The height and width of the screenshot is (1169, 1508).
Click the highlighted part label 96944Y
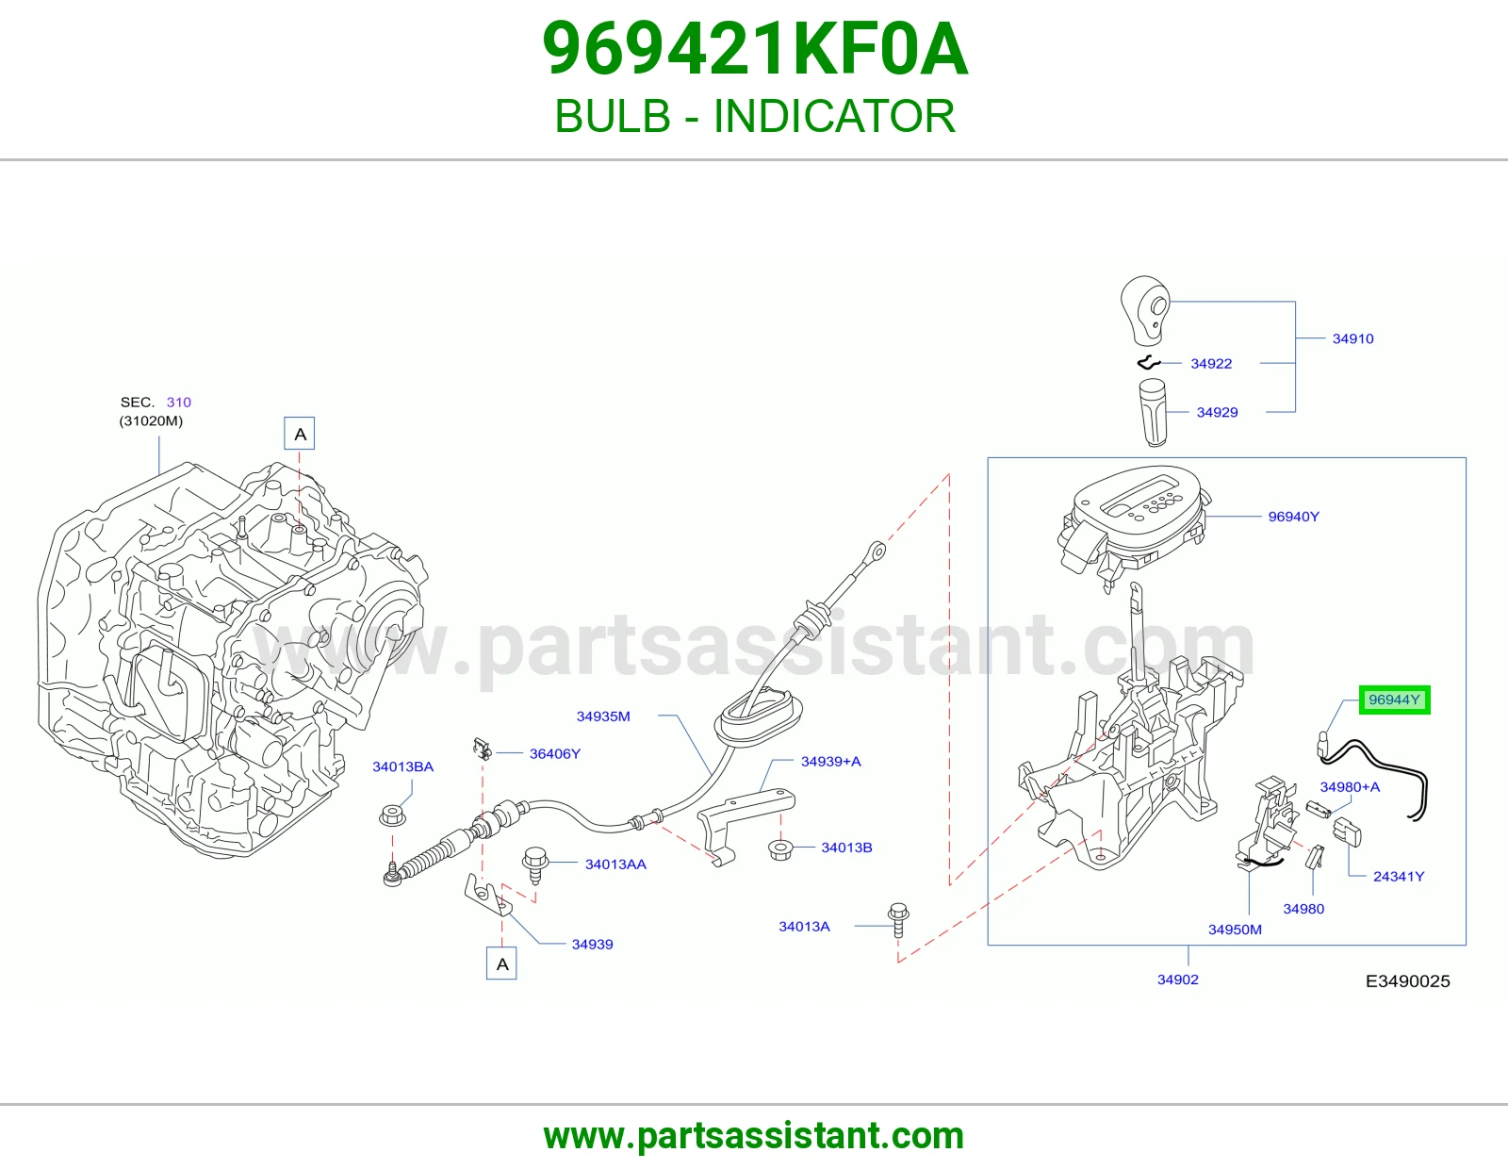1394,700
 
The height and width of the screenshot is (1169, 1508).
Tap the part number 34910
1352,338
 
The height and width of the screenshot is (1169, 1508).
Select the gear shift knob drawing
1145,311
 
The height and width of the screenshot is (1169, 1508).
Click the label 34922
1211,364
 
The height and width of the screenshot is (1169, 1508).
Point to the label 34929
1217,412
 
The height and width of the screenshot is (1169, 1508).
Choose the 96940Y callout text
1293,517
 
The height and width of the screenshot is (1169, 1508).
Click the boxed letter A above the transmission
300,434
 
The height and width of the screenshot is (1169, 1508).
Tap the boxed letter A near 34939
501,963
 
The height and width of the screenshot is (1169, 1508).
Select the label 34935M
603,716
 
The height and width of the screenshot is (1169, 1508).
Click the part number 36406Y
554,754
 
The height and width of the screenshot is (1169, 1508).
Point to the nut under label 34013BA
393,815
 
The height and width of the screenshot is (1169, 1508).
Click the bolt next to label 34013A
899,920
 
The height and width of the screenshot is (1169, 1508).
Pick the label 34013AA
615,864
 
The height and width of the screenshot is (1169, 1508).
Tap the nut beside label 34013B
780,849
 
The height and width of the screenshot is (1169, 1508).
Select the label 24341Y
1399,877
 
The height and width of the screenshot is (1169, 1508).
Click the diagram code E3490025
1407,980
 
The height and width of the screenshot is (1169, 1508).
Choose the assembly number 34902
1178,980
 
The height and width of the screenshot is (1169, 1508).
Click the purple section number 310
178,403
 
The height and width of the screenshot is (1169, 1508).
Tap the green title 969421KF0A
754,49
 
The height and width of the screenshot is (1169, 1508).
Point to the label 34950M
1235,930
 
